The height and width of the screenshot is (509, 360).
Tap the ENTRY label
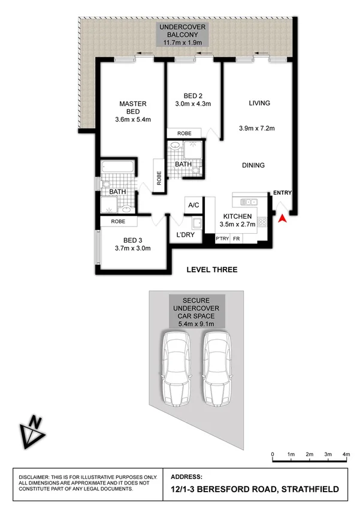pyautogui.click(x=282, y=192)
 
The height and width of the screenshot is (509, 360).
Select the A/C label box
pyautogui.click(x=193, y=205)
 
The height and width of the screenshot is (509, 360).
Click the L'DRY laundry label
pyautogui.click(x=186, y=235)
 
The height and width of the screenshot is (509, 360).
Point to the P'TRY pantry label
pyautogui.click(x=222, y=239)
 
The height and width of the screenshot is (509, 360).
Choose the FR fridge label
pyautogui.click(x=237, y=239)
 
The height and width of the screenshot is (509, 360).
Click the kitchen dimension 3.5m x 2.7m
pyautogui.click(x=239, y=224)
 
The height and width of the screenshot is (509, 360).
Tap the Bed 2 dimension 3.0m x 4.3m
pyautogui.click(x=193, y=104)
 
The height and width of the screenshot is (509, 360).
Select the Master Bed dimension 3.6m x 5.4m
pyautogui.click(x=134, y=119)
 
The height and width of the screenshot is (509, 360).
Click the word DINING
pyautogui.click(x=253, y=165)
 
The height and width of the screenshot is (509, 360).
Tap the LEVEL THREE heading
pyautogui.click(x=212, y=270)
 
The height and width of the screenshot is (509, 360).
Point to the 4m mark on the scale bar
pyautogui.click(x=346, y=454)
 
